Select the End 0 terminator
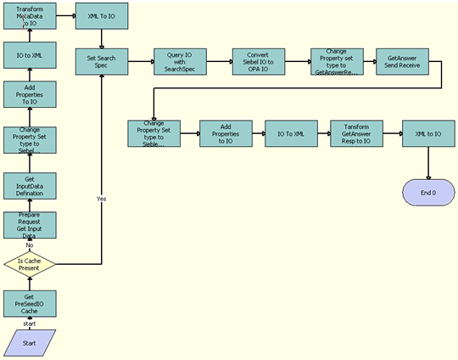click(428, 193)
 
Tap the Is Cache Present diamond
click(30, 265)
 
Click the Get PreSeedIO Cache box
click(30, 303)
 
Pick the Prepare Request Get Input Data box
click(30, 225)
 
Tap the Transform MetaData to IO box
click(30, 15)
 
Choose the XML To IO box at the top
click(102, 15)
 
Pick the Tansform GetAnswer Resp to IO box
click(355, 133)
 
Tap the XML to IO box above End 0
click(428, 133)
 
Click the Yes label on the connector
click(102, 198)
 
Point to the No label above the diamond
click(29, 245)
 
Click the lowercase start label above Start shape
click(30, 323)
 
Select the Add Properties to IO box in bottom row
click(225, 133)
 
